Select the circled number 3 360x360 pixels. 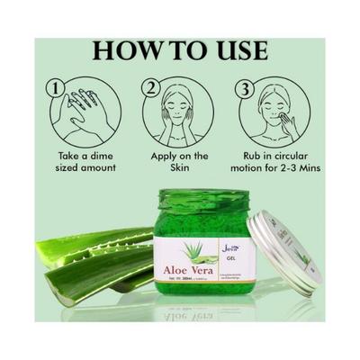point(244,89)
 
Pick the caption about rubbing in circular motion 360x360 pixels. point(279,163)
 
